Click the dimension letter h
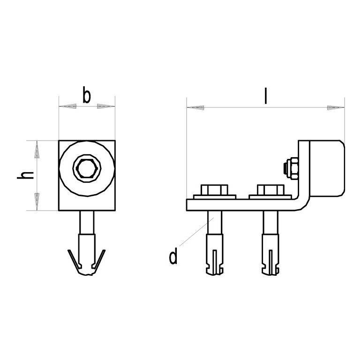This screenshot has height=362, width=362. (25, 175)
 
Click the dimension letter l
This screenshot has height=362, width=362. (266, 96)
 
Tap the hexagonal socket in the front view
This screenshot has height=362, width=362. (87, 168)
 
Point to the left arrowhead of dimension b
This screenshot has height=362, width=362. (68, 106)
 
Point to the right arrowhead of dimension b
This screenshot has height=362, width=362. (106, 106)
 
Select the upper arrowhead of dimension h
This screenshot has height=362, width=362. (37, 150)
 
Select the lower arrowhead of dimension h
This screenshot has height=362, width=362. (37, 202)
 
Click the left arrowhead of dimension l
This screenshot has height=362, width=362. (196, 107)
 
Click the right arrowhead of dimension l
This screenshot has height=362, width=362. (336, 107)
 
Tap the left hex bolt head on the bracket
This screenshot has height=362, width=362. (214, 190)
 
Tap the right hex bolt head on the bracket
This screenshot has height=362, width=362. (271, 190)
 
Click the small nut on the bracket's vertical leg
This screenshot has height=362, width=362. (291, 168)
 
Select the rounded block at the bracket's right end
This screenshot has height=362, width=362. (327, 168)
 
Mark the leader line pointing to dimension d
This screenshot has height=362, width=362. (196, 232)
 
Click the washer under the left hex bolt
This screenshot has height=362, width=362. (215, 197)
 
